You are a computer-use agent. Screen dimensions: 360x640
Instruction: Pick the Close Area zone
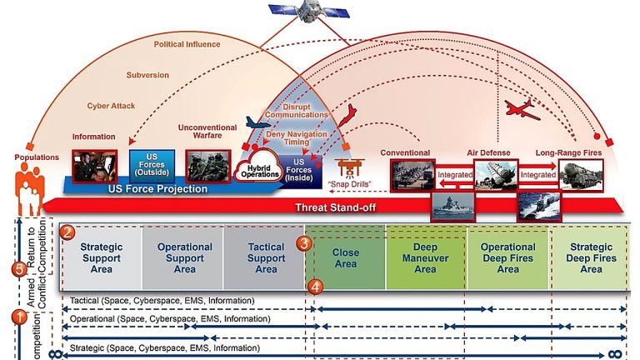tap(345, 258)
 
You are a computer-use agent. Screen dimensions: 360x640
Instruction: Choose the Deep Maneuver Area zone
tap(425, 258)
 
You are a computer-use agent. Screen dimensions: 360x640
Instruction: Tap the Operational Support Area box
tap(183, 258)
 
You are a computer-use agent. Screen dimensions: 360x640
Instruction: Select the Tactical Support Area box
tap(265, 258)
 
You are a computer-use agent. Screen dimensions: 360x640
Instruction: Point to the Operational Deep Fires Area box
tap(507, 258)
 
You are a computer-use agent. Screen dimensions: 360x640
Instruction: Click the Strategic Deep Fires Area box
tap(590, 258)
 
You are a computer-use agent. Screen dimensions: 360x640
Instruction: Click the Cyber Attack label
tap(111, 105)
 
